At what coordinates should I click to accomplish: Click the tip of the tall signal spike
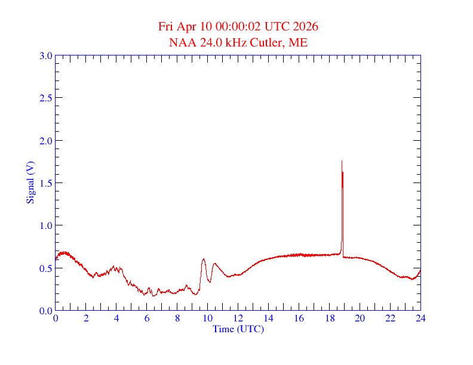tap(342, 160)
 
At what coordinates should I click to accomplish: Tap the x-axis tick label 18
tap(329, 318)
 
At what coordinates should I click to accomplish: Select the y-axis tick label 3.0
tap(45, 55)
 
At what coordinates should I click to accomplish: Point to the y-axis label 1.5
tap(45, 183)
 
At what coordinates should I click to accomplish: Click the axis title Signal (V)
tap(29, 182)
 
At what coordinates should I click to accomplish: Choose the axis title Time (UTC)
tap(238, 329)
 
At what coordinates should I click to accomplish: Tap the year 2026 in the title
tap(305, 27)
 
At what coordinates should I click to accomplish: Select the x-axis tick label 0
tap(56, 318)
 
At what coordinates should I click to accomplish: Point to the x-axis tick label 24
tap(420, 318)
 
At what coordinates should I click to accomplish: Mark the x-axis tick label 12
tap(238, 318)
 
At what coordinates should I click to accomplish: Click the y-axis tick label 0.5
tap(45, 268)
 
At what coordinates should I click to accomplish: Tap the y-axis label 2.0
tap(45, 141)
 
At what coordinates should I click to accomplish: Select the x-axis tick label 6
tap(147, 318)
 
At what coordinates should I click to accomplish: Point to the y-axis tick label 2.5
tap(45, 98)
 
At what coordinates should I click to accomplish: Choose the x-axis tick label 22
tap(390, 318)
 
